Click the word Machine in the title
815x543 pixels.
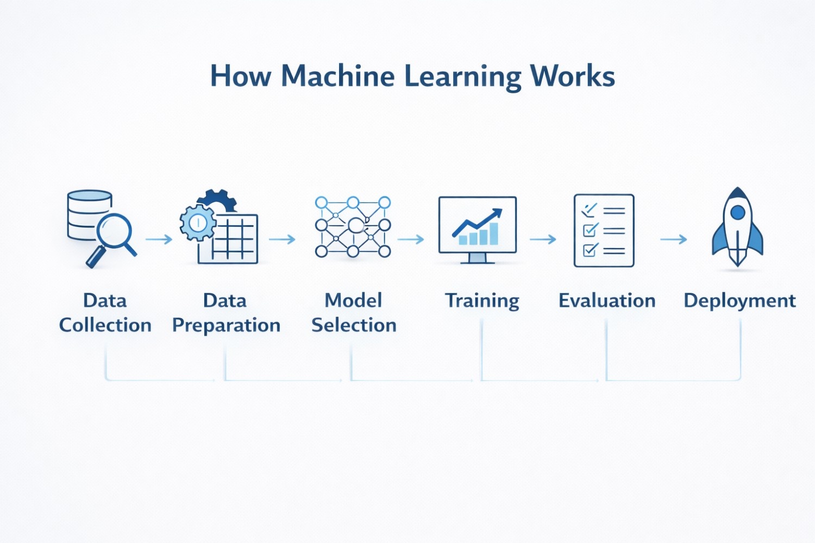[x=337, y=76]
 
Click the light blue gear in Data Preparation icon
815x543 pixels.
[x=198, y=223]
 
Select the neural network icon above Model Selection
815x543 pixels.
[x=353, y=227]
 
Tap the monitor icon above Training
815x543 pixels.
[x=478, y=228]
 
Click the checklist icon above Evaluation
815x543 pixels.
[x=604, y=230]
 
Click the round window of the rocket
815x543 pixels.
[x=737, y=212]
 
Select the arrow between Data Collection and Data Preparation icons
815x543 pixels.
[x=159, y=239]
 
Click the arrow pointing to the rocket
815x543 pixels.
[x=674, y=239]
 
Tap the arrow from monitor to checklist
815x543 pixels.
[x=543, y=239]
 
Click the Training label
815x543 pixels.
[x=482, y=301]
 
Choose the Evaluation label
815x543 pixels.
[x=607, y=300]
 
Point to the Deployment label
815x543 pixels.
[x=739, y=301]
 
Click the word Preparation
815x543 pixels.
[x=226, y=325]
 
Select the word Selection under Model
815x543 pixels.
[x=354, y=325]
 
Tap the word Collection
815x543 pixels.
[x=105, y=325]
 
